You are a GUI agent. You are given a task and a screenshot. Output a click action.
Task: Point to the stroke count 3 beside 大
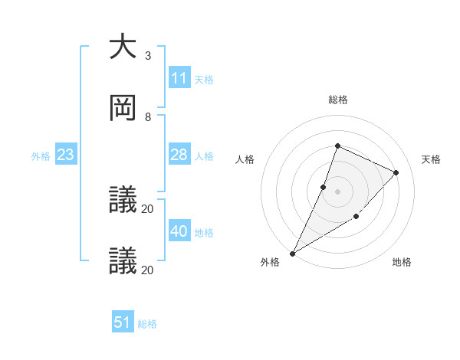(x=147, y=56)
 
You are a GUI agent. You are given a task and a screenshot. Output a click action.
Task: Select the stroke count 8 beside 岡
(x=147, y=117)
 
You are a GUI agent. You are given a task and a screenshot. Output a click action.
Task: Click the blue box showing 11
(x=179, y=77)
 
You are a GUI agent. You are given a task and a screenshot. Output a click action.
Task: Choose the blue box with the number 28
(x=179, y=155)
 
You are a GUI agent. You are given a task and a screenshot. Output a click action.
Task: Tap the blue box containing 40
(x=179, y=231)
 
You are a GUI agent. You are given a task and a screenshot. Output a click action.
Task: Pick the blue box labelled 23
(x=66, y=155)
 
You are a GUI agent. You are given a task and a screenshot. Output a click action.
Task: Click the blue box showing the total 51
(x=123, y=322)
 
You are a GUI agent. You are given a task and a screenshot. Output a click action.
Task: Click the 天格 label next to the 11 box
(x=203, y=79)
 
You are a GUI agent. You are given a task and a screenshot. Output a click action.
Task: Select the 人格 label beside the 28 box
(x=203, y=156)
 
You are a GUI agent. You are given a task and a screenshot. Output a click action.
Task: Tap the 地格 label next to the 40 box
(x=203, y=233)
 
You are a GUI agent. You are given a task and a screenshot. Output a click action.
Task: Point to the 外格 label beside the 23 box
(x=41, y=156)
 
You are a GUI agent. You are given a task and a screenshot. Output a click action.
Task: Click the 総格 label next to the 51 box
(x=146, y=324)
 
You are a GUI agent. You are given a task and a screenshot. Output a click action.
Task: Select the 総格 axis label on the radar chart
(x=337, y=100)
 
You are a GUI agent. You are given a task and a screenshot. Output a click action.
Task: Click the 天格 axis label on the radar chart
(x=431, y=159)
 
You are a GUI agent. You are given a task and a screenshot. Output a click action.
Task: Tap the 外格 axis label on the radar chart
(x=270, y=262)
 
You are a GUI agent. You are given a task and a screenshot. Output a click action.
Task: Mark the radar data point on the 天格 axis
(x=396, y=172)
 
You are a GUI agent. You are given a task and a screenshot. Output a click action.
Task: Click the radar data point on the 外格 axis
(x=292, y=254)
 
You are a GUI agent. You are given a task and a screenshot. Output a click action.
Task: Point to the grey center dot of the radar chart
(x=337, y=191)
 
